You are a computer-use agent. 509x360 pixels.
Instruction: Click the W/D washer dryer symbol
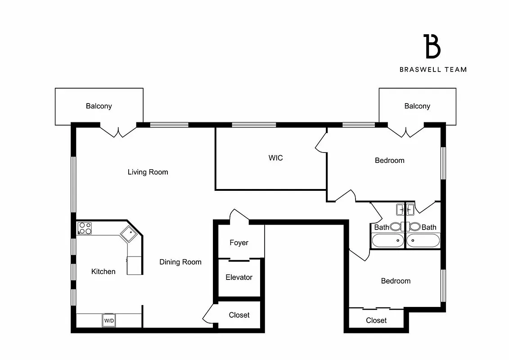[x=109, y=320]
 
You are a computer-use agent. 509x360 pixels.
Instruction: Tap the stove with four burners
[x=84, y=229]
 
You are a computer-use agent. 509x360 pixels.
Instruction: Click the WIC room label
[x=275, y=158]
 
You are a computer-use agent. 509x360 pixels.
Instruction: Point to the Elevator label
[x=239, y=277]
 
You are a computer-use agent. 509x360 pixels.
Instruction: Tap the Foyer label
[x=239, y=243]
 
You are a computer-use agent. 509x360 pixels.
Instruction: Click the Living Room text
[x=148, y=172]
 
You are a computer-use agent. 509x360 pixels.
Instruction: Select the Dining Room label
[x=180, y=262]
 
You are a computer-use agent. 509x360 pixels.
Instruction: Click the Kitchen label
[x=103, y=271]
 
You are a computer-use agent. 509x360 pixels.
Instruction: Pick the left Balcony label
[x=99, y=106]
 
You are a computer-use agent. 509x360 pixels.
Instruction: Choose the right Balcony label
[x=417, y=106]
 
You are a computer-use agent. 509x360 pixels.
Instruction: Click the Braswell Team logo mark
[x=432, y=46]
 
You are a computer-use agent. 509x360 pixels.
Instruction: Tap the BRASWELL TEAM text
[x=433, y=69]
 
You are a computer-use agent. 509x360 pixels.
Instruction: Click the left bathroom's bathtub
[x=387, y=241]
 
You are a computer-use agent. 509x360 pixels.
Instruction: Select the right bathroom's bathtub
[x=423, y=241]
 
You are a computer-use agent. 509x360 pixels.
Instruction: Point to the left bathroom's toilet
[x=396, y=227]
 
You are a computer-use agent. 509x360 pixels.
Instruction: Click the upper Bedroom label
[x=389, y=160]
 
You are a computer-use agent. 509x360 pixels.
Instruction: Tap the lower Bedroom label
[x=396, y=281]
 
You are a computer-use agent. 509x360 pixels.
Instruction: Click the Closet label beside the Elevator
[x=239, y=315]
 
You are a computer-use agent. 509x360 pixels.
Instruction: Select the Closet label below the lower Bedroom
[x=376, y=320]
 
